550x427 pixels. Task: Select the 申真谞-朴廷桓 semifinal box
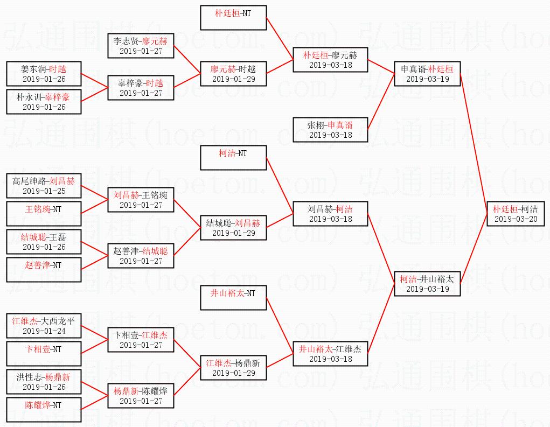click(x=427, y=73)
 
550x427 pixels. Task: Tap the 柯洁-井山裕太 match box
click(x=427, y=283)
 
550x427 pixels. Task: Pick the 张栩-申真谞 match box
click(x=330, y=130)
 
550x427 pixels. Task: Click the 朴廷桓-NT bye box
click(x=233, y=18)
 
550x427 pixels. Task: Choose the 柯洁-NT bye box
click(x=233, y=158)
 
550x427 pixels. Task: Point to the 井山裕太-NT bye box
click(x=233, y=298)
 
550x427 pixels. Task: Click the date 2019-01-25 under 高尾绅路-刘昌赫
click(x=44, y=191)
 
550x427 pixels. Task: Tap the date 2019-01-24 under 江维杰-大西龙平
click(x=44, y=331)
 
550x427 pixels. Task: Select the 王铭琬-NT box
click(x=44, y=214)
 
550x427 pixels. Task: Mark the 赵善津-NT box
click(x=44, y=270)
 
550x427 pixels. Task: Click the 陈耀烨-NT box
click(x=44, y=410)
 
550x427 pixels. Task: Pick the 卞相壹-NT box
click(x=44, y=354)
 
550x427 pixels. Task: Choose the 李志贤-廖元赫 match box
click(x=141, y=45)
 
